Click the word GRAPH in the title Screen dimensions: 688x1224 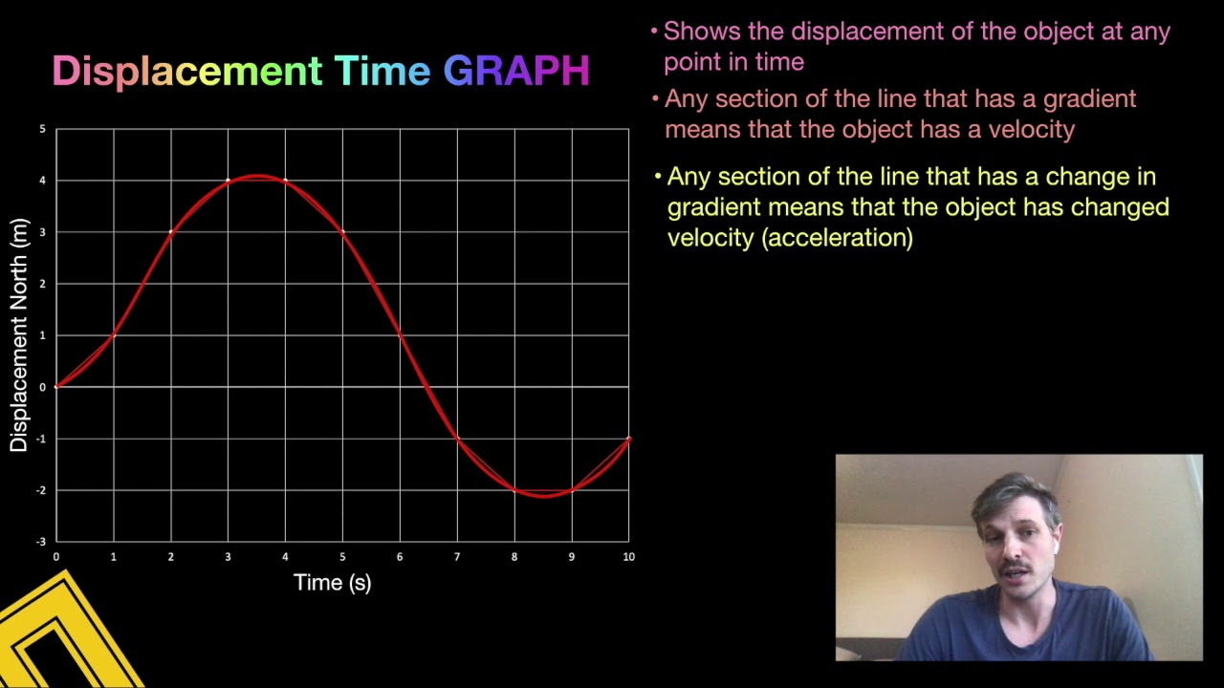coord(516,72)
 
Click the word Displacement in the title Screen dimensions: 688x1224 coord(186,72)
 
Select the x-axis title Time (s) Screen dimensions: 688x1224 coord(332,583)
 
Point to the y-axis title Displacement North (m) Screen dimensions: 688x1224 coord(18,335)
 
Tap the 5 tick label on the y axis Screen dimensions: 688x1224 coord(42,129)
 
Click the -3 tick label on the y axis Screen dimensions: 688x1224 coord(40,542)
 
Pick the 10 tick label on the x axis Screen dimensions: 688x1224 coord(628,557)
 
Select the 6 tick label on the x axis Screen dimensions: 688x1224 coord(400,557)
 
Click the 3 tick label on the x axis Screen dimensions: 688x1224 coord(228,557)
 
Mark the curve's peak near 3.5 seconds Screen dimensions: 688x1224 coord(257,176)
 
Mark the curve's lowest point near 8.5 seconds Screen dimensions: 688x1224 coord(543,495)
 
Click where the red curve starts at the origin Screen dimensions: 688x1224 coord(56,386)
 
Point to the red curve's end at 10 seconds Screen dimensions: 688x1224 coord(628,439)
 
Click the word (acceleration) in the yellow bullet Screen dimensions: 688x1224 coord(837,238)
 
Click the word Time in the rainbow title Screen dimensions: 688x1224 coord(382,72)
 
